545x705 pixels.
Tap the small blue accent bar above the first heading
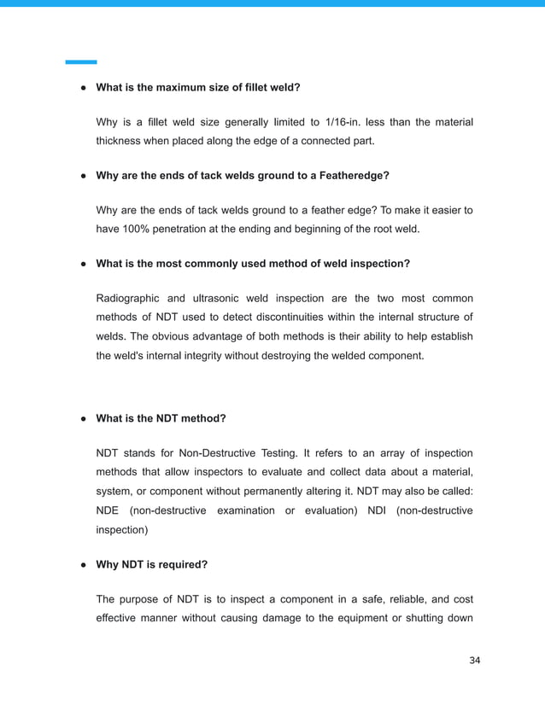pos(81,62)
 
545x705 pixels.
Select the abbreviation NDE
pos(111,510)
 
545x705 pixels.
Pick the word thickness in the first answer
pos(123,141)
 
